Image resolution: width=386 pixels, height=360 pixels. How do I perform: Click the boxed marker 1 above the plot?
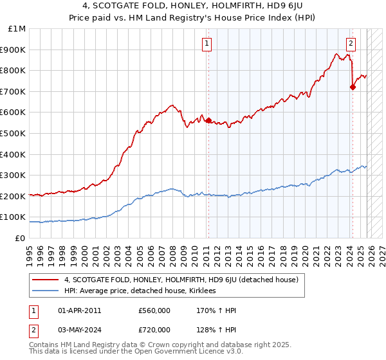click(x=207, y=44)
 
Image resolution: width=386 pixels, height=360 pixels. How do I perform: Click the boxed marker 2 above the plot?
click(x=351, y=44)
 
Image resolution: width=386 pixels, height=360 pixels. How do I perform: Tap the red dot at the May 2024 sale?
click(x=353, y=87)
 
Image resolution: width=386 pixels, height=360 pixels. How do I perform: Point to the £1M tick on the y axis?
click(x=17, y=29)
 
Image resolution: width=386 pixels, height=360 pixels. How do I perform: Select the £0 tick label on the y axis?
click(x=21, y=238)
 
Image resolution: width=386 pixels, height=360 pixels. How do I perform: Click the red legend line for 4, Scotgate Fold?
click(x=46, y=280)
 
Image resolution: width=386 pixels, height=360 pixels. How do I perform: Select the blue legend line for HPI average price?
click(x=46, y=291)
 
